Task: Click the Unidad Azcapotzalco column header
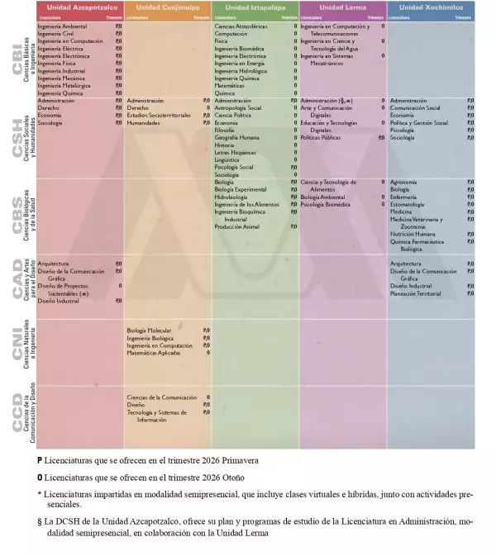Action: [x=79, y=7]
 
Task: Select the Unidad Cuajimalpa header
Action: [x=167, y=7]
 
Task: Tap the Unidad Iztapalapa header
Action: [x=255, y=7]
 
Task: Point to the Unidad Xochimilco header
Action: [x=431, y=7]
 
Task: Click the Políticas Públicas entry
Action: [x=320, y=137]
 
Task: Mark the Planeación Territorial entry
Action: [x=415, y=293]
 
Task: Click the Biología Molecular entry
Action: [x=150, y=330]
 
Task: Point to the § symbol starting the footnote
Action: [x=40, y=522]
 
